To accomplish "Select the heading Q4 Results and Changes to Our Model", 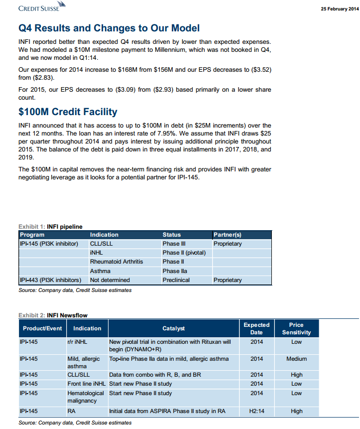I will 109,28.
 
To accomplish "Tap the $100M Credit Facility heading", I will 68,112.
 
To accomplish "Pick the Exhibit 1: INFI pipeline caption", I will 50,227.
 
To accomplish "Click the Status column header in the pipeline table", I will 172,235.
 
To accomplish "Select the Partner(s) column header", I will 227,235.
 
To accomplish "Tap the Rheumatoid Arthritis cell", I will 116,262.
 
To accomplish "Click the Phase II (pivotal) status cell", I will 184,253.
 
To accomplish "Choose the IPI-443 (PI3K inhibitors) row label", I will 50,280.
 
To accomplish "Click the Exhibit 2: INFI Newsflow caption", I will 53,315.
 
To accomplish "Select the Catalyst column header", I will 173,328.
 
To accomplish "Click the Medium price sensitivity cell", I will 296,359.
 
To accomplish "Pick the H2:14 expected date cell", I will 256,411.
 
